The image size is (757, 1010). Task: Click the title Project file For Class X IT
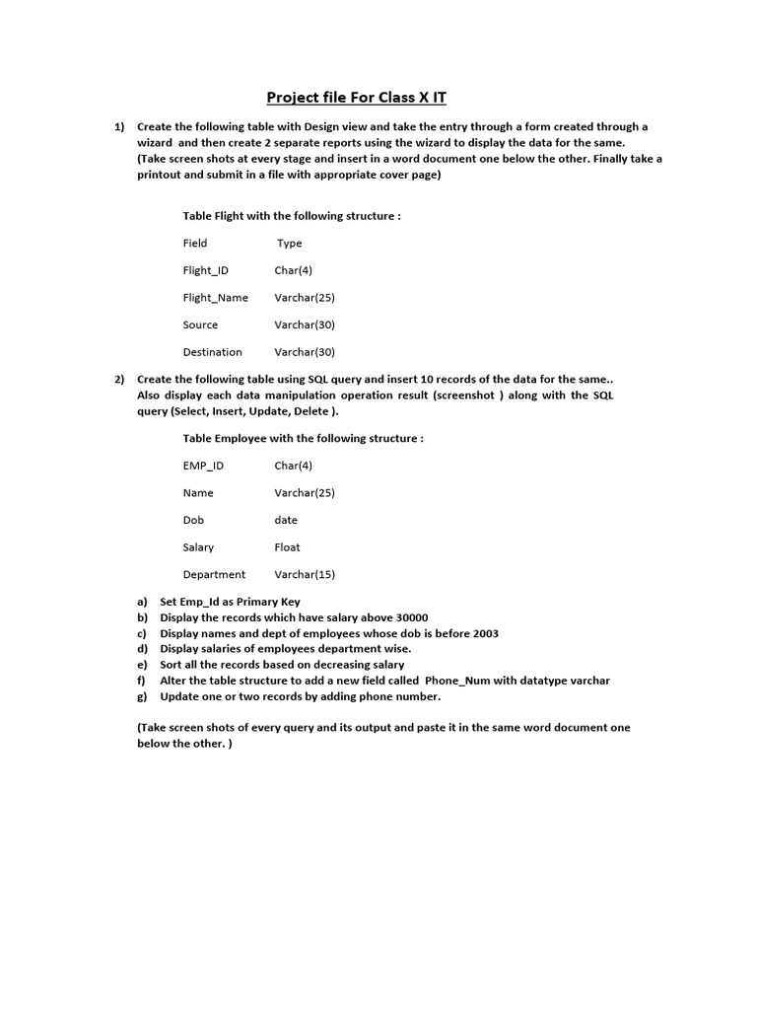pos(363,97)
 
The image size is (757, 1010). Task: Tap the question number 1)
pos(119,127)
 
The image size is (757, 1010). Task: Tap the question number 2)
pos(119,380)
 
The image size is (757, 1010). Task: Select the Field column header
pos(195,243)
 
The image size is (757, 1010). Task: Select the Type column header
pos(290,243)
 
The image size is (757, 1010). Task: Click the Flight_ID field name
pos(206,270)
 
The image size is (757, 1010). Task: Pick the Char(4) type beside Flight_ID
pos(294,270)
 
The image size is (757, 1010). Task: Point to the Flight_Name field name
pos(216,298)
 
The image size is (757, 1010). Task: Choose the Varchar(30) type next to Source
pos(305,325)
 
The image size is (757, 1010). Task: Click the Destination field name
pos(212,352)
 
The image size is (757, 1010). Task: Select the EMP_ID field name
pos(203,466)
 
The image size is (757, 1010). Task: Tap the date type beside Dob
pos(286,520)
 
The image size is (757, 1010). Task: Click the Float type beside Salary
pos(288,547)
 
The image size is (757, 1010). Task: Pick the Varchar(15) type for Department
pos(305,575)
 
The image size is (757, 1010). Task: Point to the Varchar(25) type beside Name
pos(305,493)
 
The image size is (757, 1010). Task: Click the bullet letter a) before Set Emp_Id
pos(142,602)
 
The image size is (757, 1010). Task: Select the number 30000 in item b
pos(409,617)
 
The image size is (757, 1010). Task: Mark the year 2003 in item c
pos(483,633)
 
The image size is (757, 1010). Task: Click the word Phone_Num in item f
pos(457,681)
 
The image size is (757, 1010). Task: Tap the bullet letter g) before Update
pos(142,696)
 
